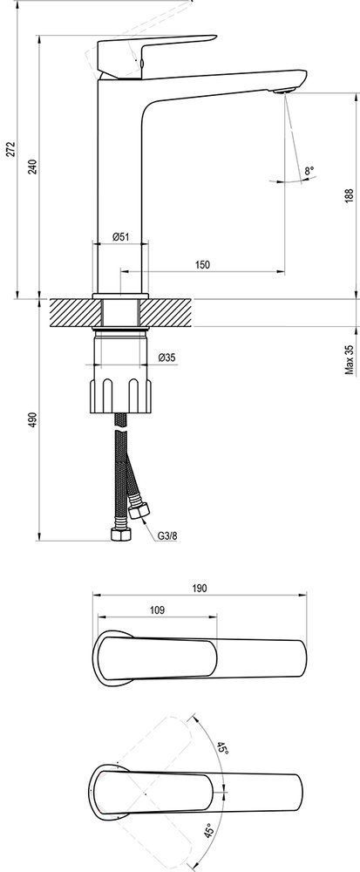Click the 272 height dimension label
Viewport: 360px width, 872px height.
[10, 149]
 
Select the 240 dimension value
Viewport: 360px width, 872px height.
[32, 167]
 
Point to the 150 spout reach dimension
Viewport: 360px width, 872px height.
[203, 264]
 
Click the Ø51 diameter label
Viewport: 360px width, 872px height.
[120, 236]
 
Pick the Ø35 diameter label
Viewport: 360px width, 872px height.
[166, 358]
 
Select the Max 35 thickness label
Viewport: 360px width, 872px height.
[349, 359]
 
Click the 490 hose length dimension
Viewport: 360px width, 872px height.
[32, 420]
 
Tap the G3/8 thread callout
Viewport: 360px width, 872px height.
[167, 536]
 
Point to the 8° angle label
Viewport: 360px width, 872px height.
[309, 171]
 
